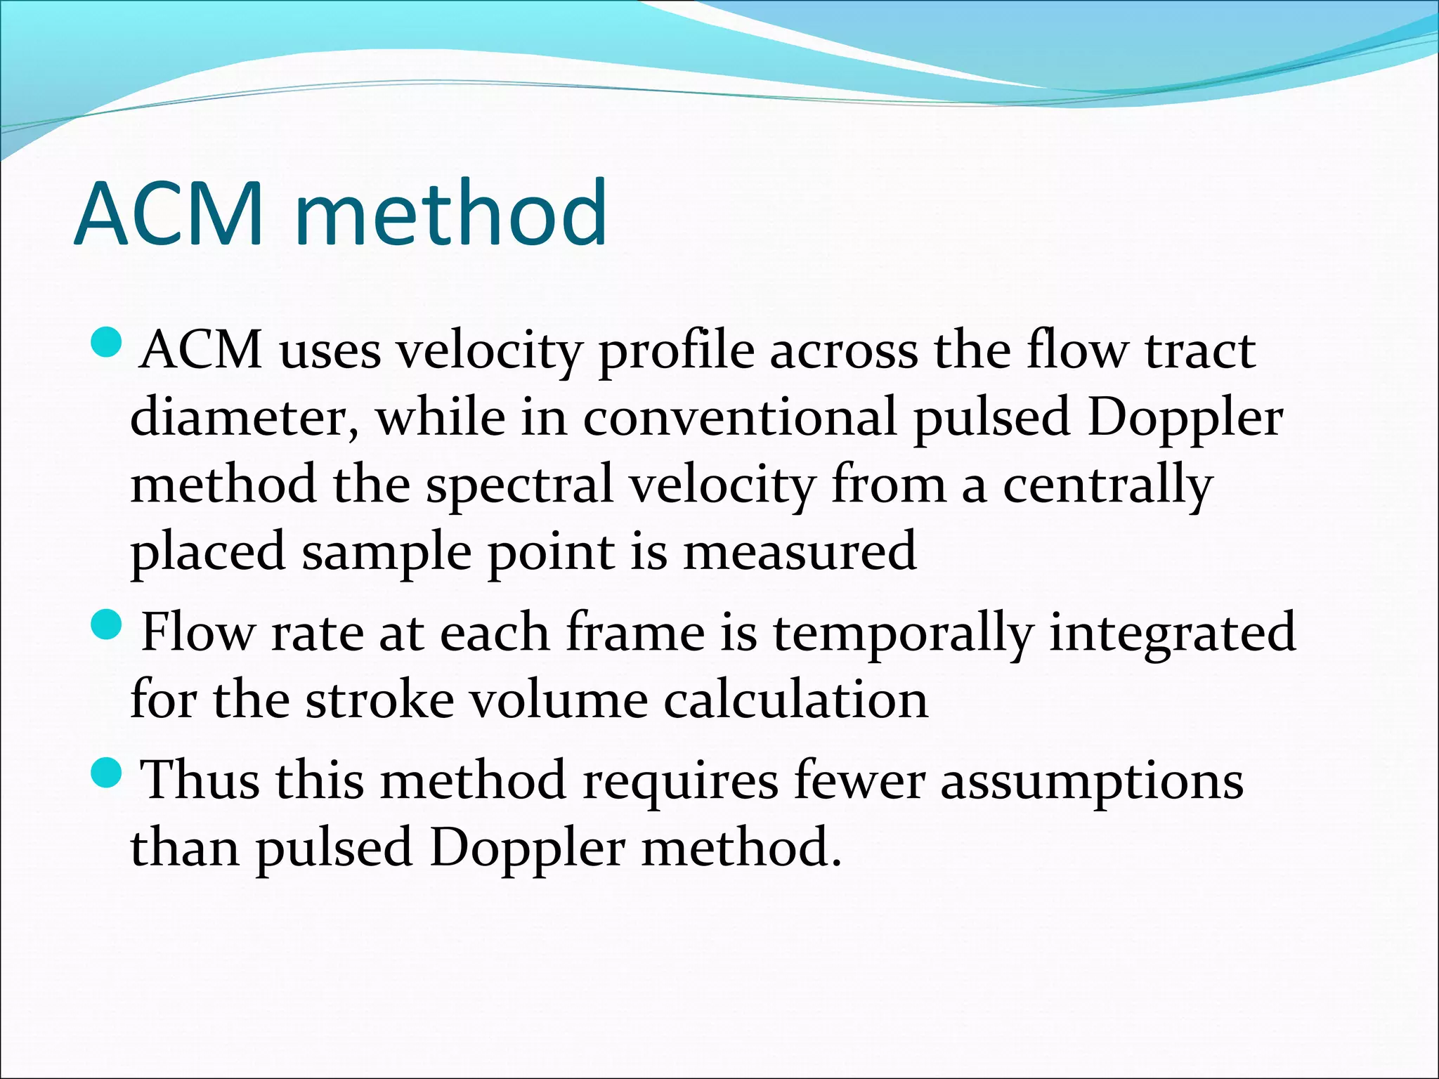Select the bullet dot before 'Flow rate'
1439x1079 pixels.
(x=107, y=624)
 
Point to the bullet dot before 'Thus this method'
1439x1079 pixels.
(x=107, y=772)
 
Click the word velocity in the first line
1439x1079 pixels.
(x=489, y=351)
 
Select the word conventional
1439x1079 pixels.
(x=739, y=417)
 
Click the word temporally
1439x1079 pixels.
(x=903, y=633)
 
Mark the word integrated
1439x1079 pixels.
(x=1172, y=633)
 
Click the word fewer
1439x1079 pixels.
(x=859, y=780)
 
